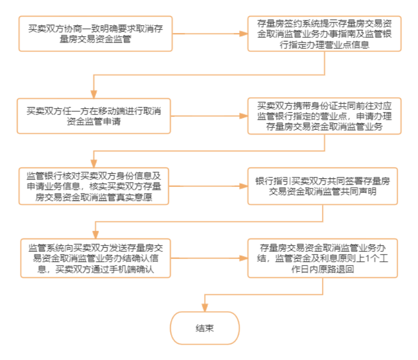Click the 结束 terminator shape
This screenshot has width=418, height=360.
(205, 328)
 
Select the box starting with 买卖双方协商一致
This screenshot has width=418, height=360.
(95, 34)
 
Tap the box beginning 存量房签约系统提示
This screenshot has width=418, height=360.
(325, 34)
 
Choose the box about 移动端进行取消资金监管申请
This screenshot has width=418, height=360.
(94, 116)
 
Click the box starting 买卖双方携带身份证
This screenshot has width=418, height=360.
(325, 116)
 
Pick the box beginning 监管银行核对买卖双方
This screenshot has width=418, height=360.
(94, 186)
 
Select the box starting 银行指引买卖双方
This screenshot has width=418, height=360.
(323, 186)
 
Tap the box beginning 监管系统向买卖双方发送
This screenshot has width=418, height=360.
(95, 258)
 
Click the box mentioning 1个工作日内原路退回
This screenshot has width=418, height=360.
(323, 258)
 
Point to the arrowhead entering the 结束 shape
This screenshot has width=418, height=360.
(205, 308)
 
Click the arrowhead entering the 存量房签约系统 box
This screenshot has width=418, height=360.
(243, 34)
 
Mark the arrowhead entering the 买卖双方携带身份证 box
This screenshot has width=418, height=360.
(243, 116)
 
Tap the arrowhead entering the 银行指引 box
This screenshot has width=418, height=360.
(243, 186)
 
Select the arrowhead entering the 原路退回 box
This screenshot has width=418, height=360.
(243, 258)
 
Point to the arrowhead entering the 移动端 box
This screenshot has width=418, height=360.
(94, 94)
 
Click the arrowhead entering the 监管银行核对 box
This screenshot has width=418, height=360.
(94, 164)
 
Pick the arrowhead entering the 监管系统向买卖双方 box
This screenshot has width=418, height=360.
(95, 235)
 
